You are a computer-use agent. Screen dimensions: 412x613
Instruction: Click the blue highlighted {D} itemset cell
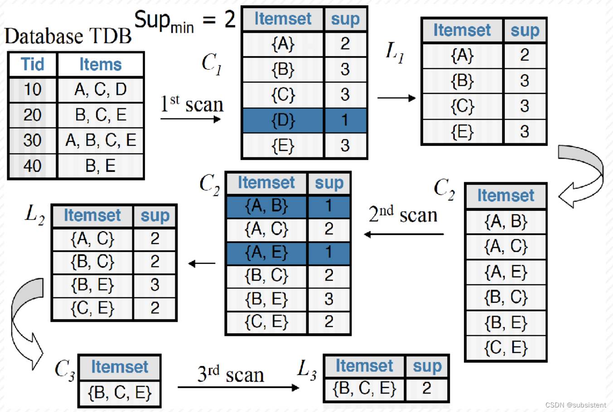283,120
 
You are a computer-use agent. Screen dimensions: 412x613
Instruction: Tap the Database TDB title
68,36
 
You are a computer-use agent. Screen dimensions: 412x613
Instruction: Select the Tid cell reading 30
33,141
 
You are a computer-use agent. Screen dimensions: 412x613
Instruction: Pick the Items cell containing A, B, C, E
101,141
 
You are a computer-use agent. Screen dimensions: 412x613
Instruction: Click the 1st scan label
192,104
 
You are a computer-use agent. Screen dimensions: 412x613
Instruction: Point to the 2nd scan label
403,214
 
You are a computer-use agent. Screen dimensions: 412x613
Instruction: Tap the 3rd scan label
230,374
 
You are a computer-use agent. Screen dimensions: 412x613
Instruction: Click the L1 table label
395,52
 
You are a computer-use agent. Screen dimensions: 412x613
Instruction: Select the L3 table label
307,369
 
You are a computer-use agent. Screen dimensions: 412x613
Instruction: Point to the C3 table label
64,369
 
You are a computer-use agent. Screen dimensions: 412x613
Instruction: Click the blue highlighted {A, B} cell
266,206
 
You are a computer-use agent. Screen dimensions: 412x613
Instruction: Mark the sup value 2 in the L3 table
426,388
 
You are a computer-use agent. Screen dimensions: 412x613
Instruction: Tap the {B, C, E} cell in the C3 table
120,393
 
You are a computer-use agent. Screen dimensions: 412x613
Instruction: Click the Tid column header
33,64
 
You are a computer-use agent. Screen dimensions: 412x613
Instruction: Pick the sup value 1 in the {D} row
345,120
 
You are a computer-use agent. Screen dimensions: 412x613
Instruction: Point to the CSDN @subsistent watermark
575,405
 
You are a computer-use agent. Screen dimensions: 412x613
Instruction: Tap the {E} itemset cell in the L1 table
462,132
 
